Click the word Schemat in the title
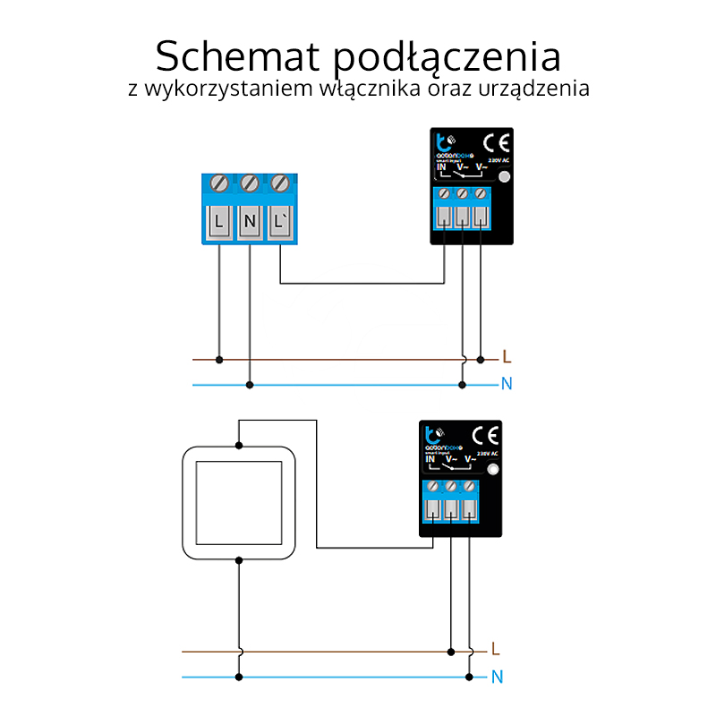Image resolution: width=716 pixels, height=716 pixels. click(x=237, y=56)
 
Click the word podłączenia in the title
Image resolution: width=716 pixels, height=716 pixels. click(x=447, y=58)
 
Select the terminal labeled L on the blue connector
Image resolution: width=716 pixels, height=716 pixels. click(x=220, y=220)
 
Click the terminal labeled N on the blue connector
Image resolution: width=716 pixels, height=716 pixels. click(x=250, y=220)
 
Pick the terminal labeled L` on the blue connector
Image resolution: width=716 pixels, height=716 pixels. click(x=280, y=220)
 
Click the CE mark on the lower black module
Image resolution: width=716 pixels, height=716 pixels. click(x=484, y=436)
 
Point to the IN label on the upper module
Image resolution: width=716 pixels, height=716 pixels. click(x=441, y=166)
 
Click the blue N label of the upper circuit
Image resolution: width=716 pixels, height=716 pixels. click(x=507, y=385)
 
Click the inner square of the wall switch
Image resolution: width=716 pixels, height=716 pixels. click(x=238, y=502)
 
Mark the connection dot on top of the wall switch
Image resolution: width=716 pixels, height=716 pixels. click(x=238, y=445)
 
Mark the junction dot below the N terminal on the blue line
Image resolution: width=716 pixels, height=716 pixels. click(x=250, y=385)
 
